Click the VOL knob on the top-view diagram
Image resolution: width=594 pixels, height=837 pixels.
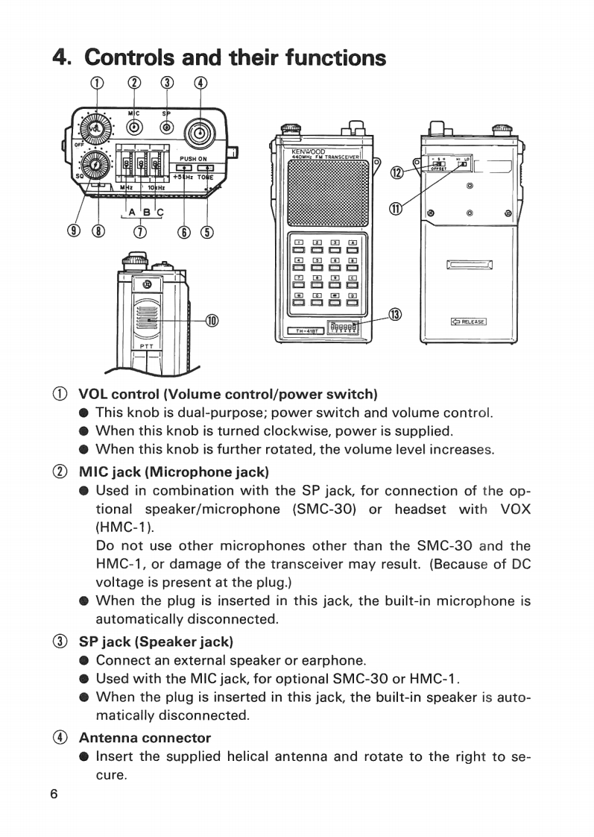tap(94, 128)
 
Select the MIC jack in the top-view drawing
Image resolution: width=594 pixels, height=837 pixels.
tap(134, 128)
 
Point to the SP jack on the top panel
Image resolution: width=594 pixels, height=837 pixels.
tap(167, 128)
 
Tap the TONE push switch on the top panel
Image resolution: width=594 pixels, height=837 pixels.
tap(206, 169)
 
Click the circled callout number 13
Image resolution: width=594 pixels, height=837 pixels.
tap(396, 315)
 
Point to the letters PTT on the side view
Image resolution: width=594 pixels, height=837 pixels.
tap(146, 346)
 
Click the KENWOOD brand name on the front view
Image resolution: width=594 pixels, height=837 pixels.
tap(306, 152)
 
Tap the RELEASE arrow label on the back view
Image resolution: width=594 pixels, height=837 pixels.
tap(469, 322)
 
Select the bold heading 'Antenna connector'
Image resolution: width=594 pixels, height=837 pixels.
tap(145, 738)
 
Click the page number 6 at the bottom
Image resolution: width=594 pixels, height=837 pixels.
tap(54, 794)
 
